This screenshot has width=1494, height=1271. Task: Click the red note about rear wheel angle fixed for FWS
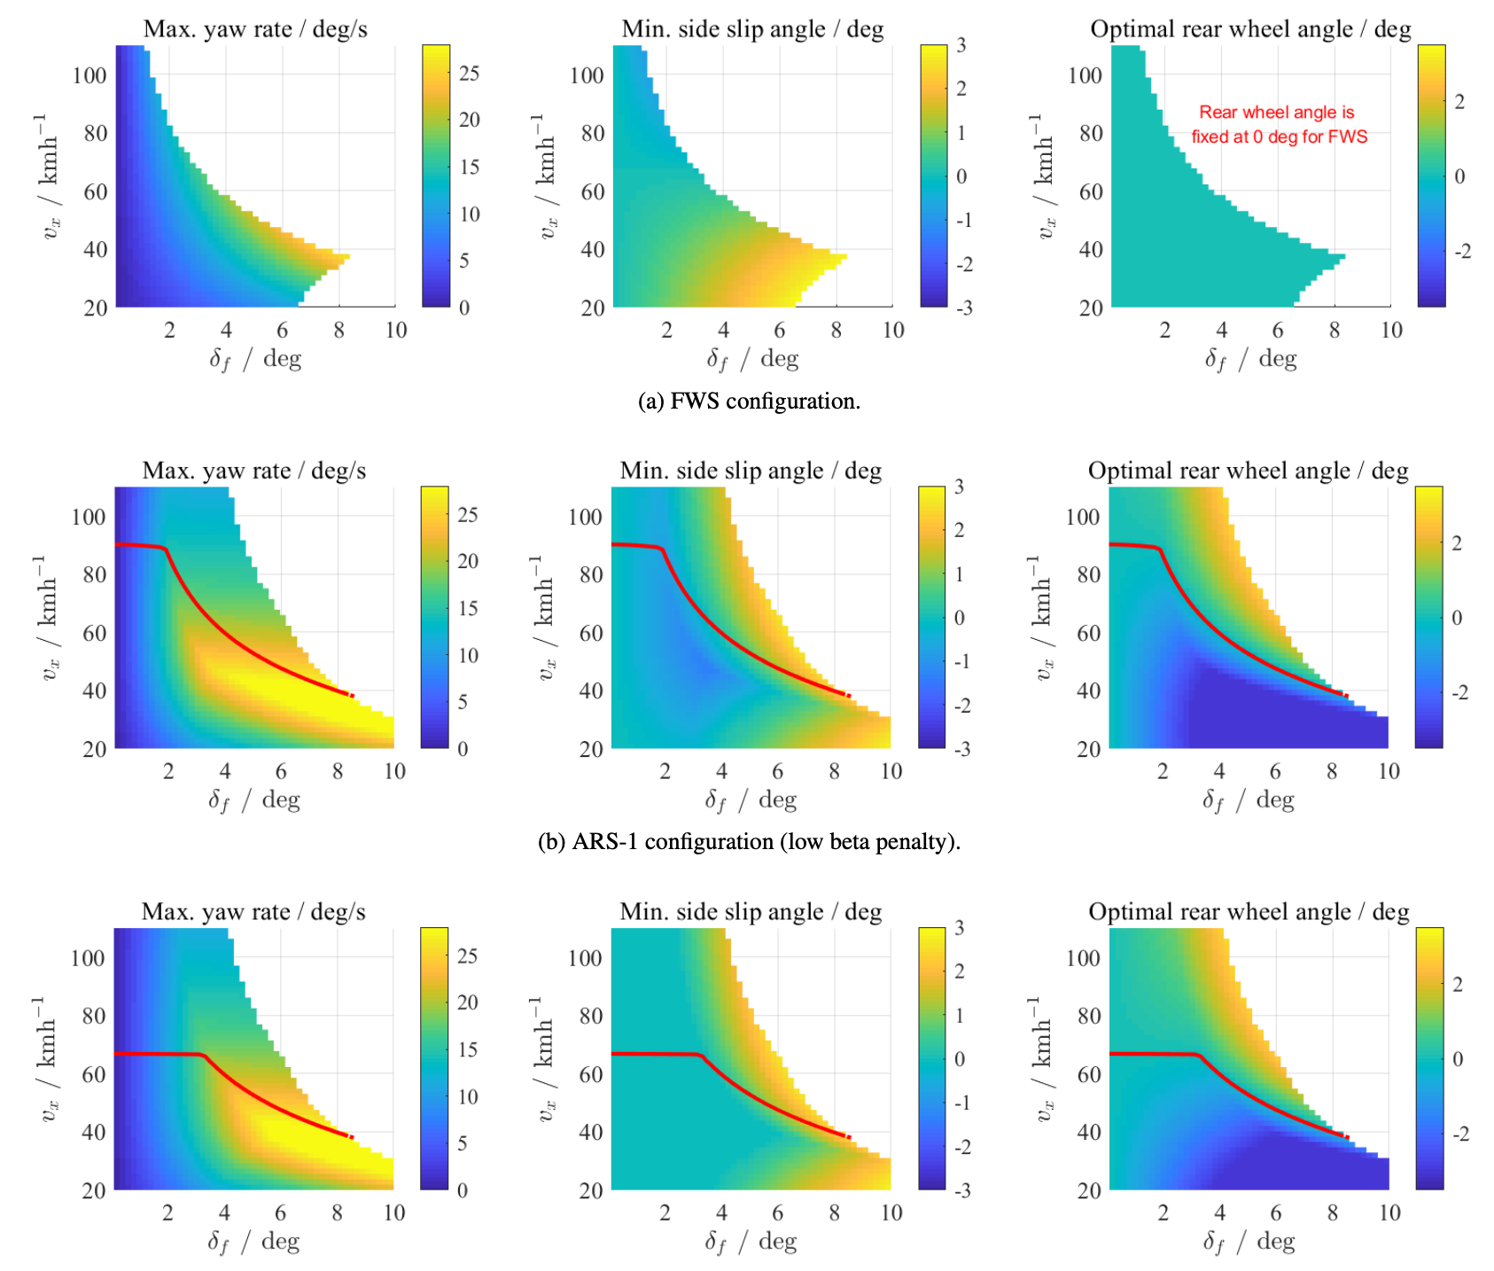click(1279, 124)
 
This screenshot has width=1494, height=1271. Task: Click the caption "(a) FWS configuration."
click(749, 402)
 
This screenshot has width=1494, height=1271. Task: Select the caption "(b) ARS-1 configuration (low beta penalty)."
click(749, 841)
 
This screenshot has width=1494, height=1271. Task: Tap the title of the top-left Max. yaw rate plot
click(255, 29)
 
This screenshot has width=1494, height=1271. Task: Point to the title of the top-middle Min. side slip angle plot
click(752, 29)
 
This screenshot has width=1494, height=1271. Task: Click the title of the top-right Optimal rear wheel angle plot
click(1250, 29)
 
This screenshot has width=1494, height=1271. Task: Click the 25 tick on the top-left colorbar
click(469, 74)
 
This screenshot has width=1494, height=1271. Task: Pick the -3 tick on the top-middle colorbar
click(961, 308)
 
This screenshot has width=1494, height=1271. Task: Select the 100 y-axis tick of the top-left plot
click(89, 74)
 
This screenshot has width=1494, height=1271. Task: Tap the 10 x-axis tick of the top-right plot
click(1391, 330)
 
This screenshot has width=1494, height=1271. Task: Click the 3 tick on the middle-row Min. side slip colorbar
click(959, 487)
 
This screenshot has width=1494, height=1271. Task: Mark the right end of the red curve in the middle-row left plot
click(353, 696)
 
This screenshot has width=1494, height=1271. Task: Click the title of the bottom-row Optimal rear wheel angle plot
click(1249, 912)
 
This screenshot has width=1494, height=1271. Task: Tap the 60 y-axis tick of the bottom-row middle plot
click(591, 1074)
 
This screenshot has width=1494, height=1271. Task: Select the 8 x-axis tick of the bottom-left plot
click(337, 1213)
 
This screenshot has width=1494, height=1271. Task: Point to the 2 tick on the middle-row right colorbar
click(1457, 543)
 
